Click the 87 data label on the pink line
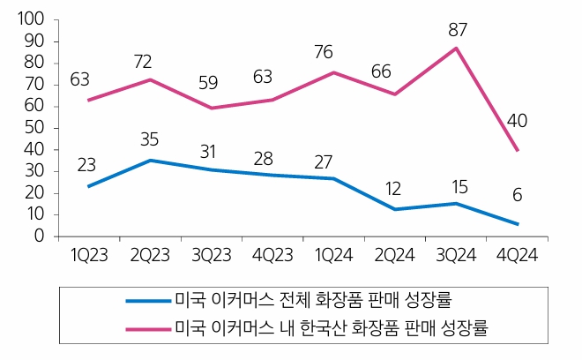tap(457, 29)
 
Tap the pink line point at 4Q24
tap(518, 150)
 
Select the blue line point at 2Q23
tap(150, 161)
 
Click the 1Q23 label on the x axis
tap(88, 253)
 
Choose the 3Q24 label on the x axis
tap(457, 253)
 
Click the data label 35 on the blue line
tap(150, 139)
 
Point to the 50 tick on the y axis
tap(34, 128)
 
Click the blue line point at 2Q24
tap(395, 209)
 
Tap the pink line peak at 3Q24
tap(457, 48)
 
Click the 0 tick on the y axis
tap(39, 236)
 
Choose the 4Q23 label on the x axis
tap(272, 253)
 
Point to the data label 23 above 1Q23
tap(88, 165)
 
